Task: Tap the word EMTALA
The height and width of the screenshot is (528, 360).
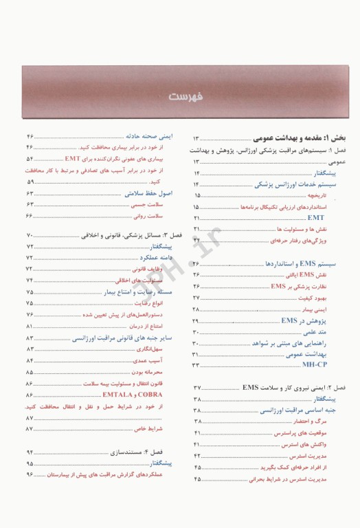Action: click(x=118, y=396)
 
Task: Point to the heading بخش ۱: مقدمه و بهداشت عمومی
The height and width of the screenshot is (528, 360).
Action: click(x=296, y=138)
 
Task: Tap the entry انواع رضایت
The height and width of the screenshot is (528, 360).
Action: click(x=156, y=303)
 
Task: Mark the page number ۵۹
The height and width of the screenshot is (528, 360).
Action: click(x=30, y=182)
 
